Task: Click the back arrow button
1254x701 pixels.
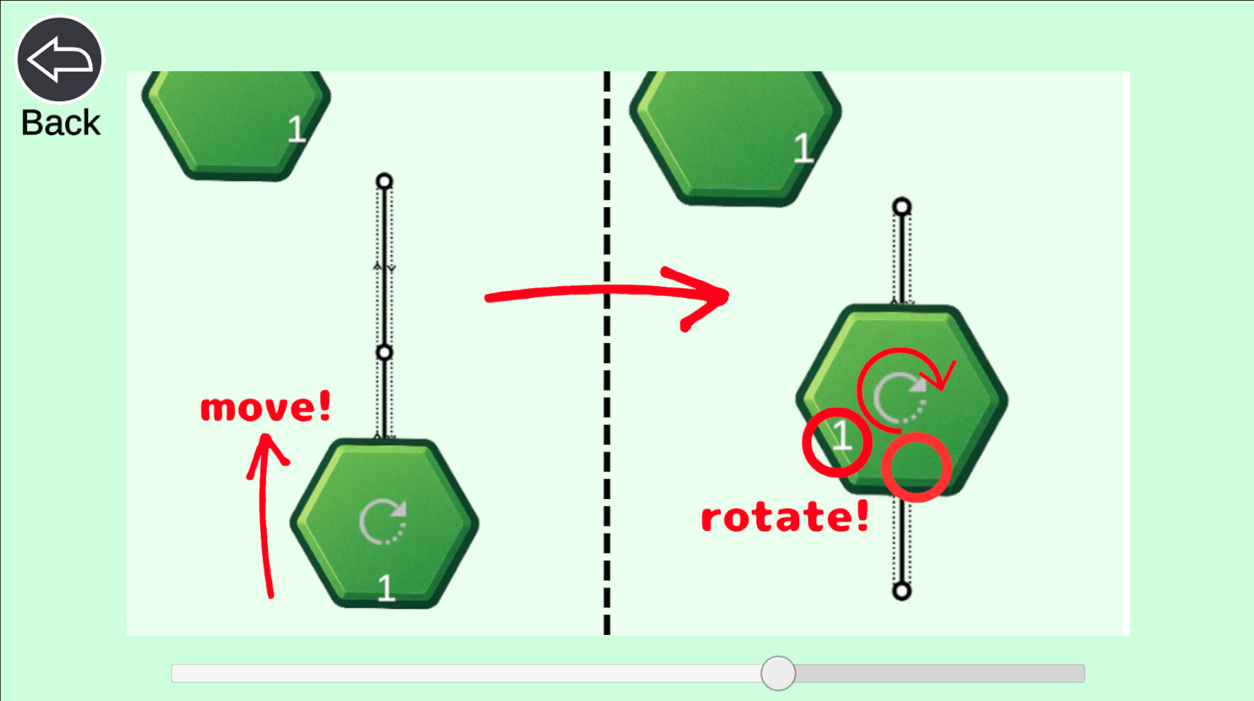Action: [x=60, y=59]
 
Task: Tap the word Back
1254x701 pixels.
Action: [x=60, y=123]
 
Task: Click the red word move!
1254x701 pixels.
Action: [x=266, y=407]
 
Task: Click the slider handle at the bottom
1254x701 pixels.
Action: [x=778, y=673]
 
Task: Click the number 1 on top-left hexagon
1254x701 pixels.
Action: [x=296, y=130]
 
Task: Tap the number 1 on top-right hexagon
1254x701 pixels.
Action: [x=803, y=148]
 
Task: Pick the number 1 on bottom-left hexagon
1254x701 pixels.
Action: [x=387, y=588]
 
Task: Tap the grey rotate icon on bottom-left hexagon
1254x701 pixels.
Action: [x=383, y=522]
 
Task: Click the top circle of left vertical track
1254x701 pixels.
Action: [x=384, y=181]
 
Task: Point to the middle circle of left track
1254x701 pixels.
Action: [x=384, y=353]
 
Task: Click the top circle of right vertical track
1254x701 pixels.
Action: [x=902, y=207]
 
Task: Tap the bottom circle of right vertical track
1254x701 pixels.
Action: [x=902, y=591]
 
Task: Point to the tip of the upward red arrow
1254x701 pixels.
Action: [x=265, y=435]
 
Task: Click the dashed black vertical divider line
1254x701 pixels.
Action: [x=607, y=353]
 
